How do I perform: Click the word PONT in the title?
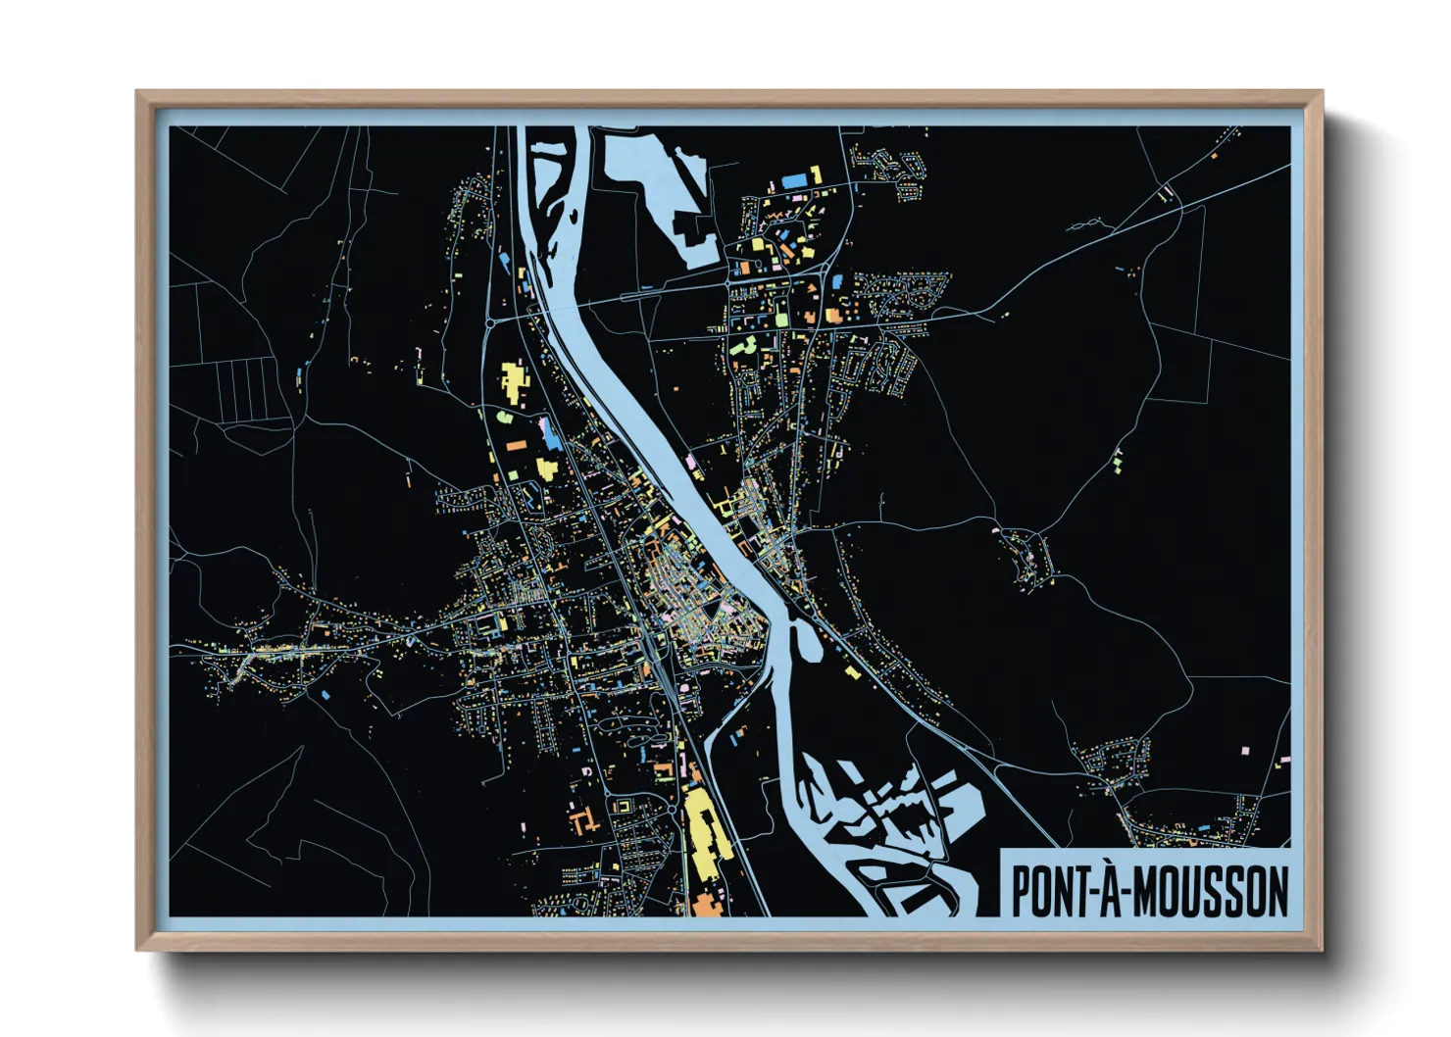(1046, 891)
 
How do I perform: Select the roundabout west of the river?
(488, 320)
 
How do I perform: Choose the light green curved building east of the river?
(747, 345)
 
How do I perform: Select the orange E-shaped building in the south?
(585, 819)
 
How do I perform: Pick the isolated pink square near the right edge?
(1246, 750)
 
